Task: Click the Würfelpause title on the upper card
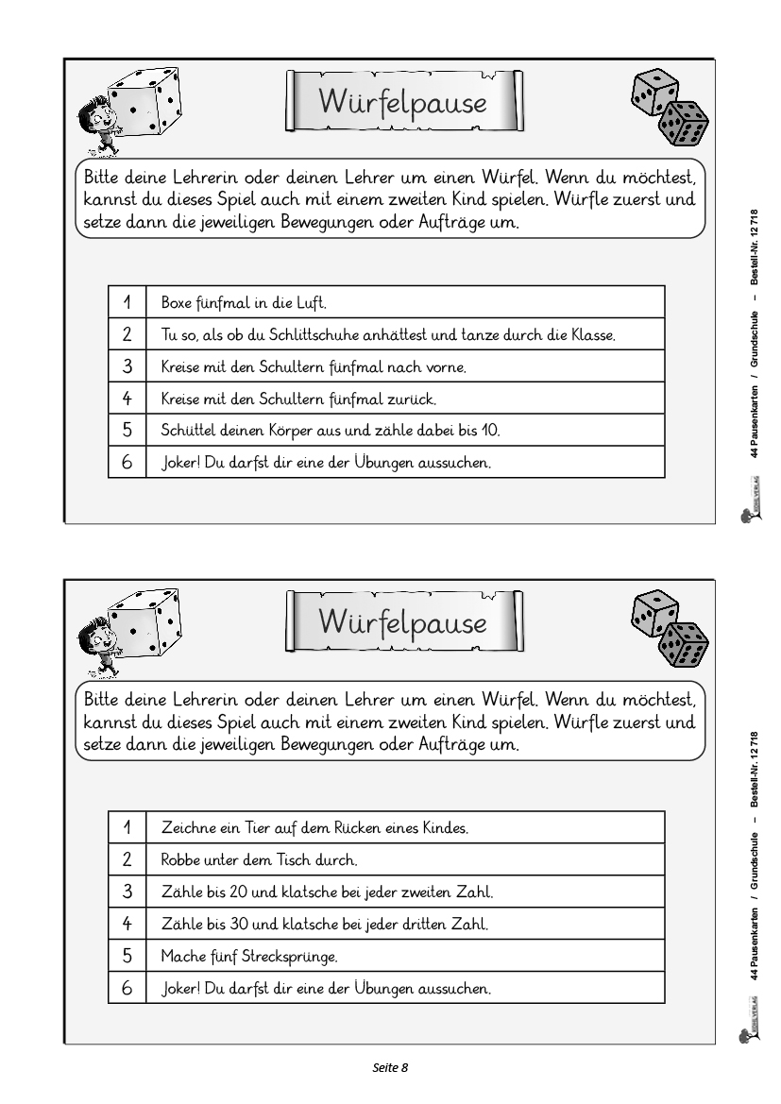point(403,101)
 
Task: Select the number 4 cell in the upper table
point(127,399)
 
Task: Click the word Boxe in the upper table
point(176,303)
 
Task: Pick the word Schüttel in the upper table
point(187,431)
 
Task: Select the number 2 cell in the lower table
point(127,859)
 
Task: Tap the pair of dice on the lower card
point(668,629)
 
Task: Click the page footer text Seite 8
point(390,1068)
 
